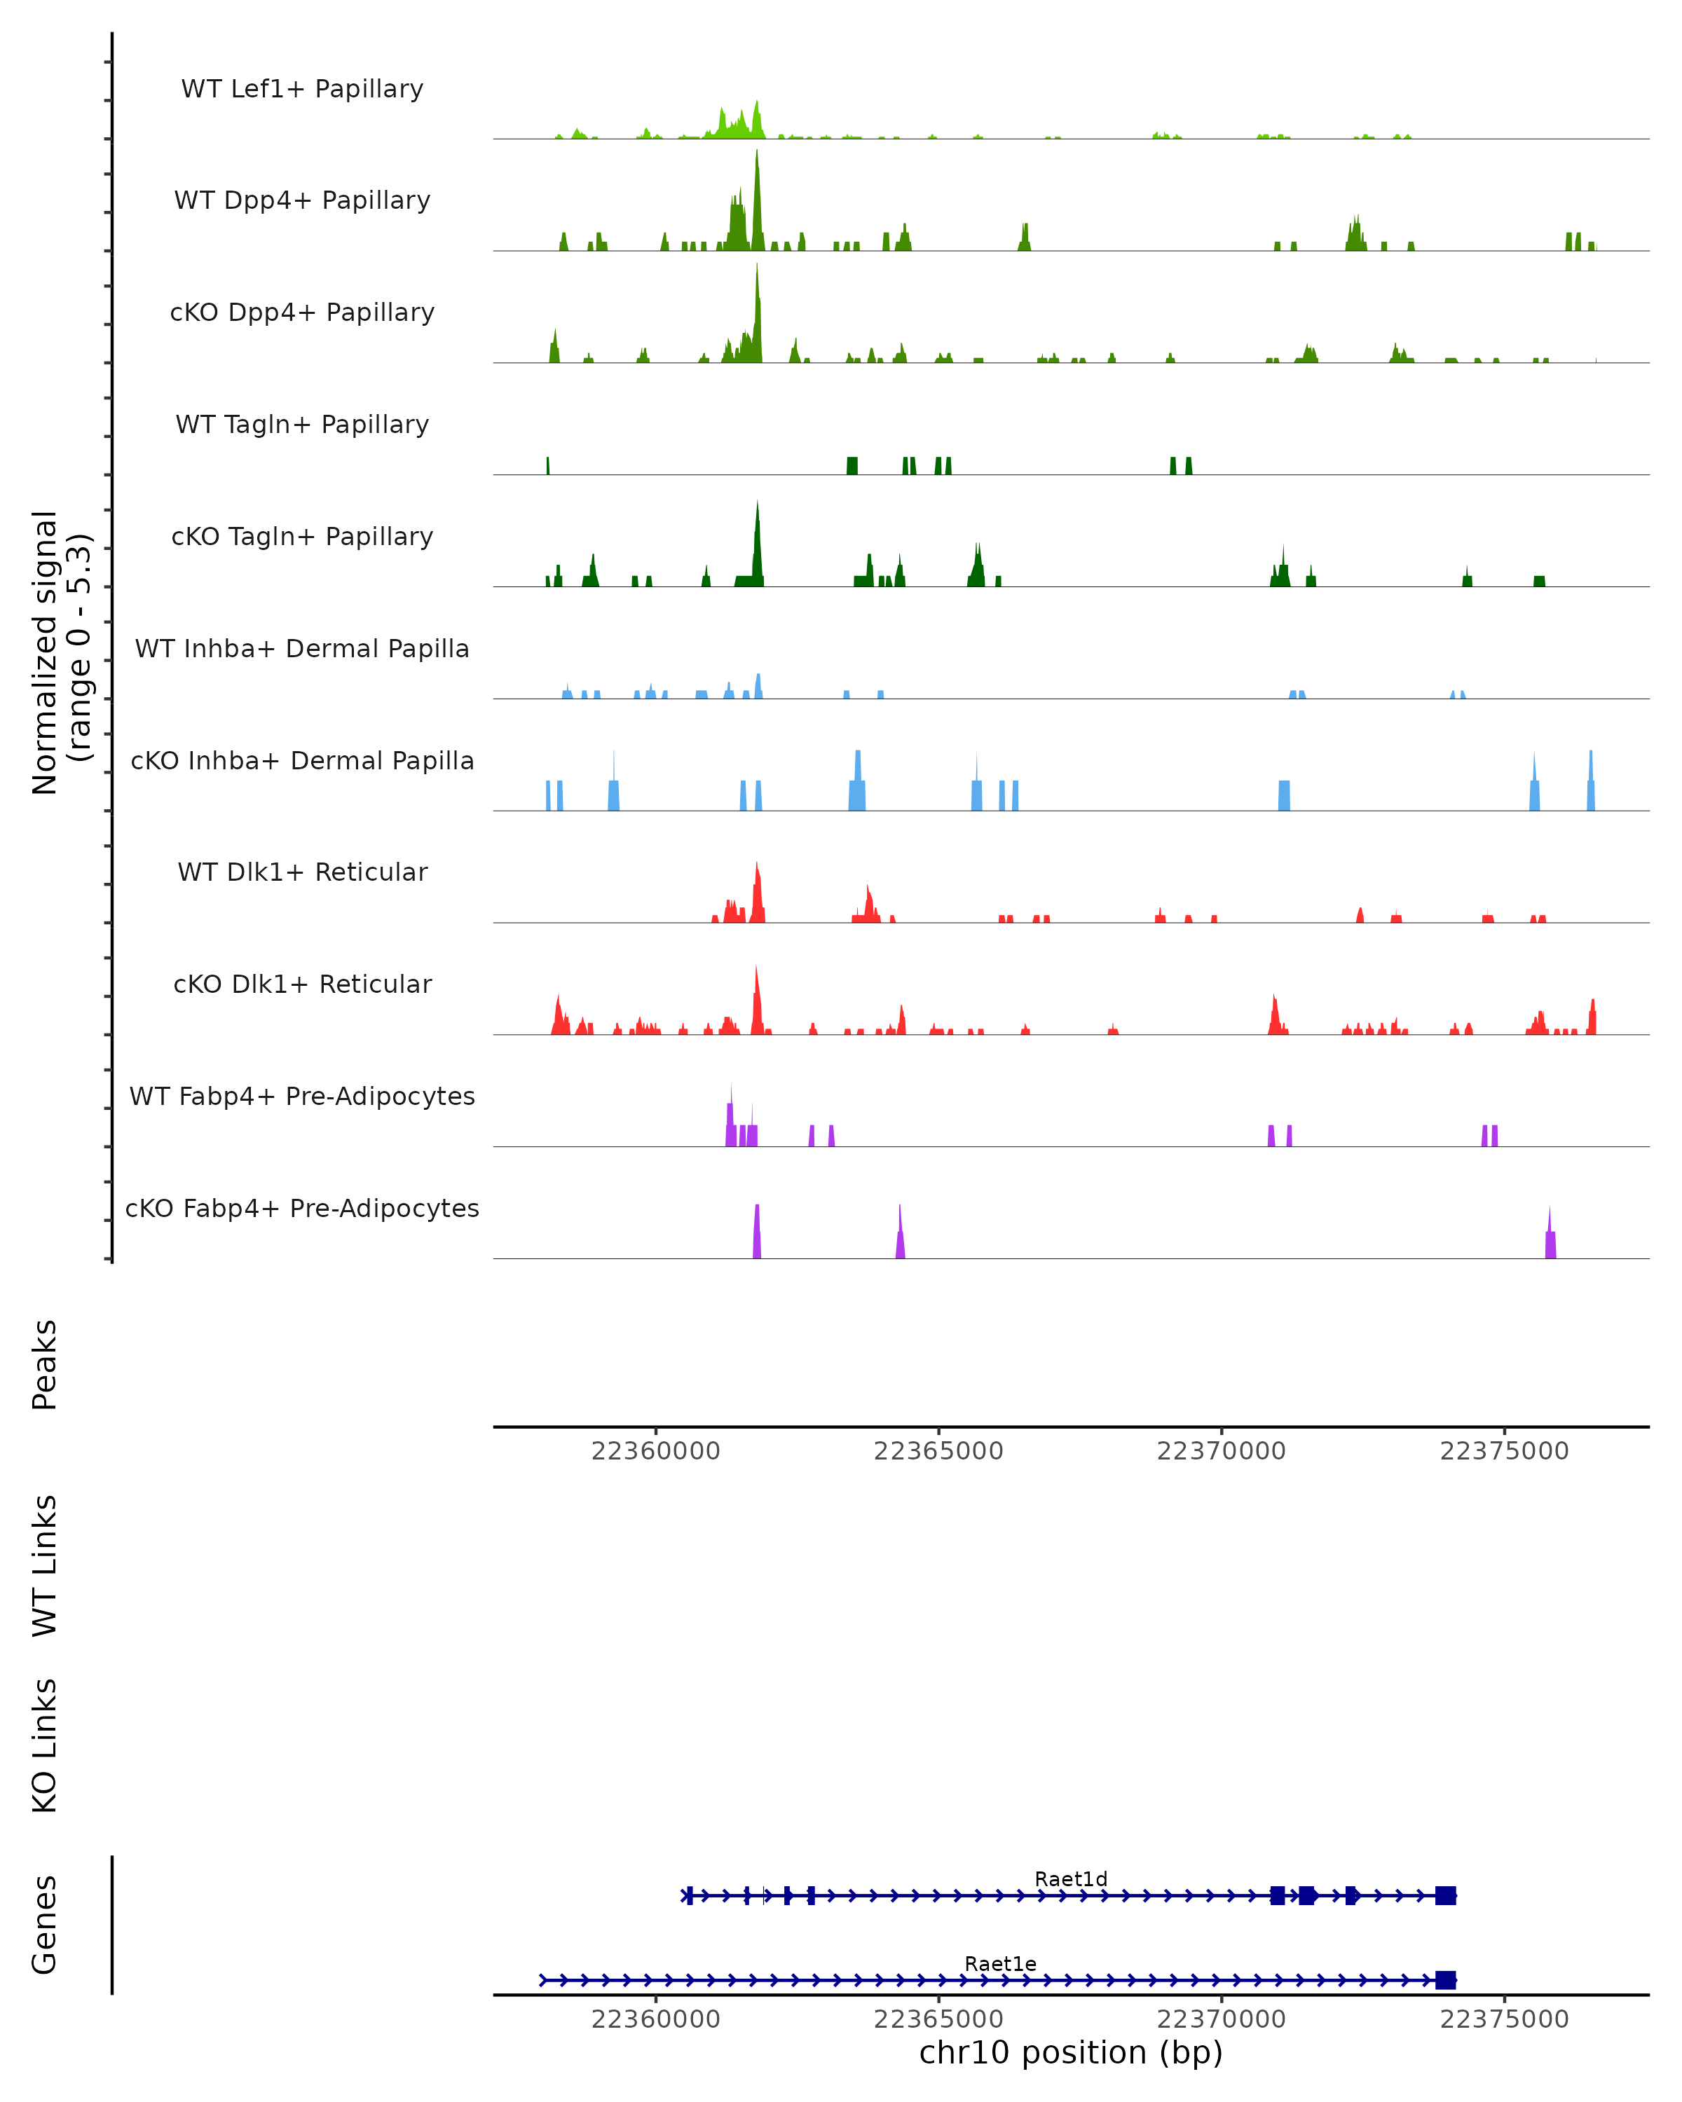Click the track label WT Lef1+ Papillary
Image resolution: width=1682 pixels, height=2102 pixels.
click(302, 89)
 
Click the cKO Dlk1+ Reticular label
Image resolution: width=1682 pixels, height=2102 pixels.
click(302, 984)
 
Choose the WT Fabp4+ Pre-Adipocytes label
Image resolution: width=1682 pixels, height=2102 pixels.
click(302, 1096)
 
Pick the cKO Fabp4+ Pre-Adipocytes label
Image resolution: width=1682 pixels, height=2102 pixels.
click(302, 1208)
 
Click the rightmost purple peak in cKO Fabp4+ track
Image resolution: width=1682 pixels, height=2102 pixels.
click(1550, 1236)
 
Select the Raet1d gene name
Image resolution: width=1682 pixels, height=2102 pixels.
click(1071, 1878)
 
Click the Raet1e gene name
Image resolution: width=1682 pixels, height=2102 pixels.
click(1000, 1963)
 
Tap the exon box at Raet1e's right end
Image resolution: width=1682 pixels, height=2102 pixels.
click(1445, 1980)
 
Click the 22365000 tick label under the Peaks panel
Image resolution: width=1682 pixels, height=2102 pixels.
click(938, 1451)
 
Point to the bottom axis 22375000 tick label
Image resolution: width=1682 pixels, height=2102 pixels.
click(1503, 2019)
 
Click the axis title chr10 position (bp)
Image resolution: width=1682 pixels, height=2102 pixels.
click(1071, 2052)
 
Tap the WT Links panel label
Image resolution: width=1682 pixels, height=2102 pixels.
click(45, 1565)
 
